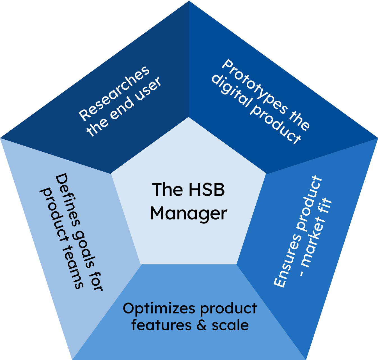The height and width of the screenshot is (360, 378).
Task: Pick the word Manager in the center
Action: coord(189,214)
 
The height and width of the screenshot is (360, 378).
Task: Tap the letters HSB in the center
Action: coord(207,190)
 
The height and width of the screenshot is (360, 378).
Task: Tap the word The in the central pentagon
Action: coord(167,190)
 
